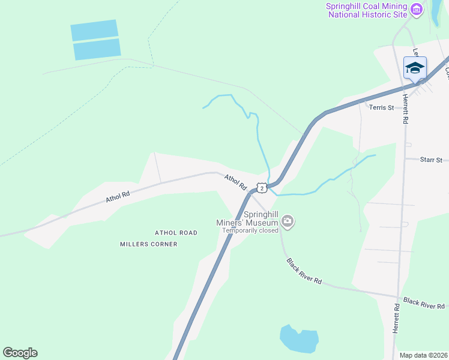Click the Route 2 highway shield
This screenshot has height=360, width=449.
pos(262,188)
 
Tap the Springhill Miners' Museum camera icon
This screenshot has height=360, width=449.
pos(288,222)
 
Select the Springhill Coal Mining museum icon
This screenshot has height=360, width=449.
pos(417,10)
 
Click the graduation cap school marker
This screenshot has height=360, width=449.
pos(415,67)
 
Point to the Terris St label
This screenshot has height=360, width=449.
pos(381,108)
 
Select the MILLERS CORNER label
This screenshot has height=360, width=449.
pos(148,244)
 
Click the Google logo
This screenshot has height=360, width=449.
pos(20,353)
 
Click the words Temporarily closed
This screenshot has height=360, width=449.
pos(250,230)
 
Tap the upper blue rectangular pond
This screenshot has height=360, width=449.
pos(94,30)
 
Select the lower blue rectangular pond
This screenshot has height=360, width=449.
pos(97,49)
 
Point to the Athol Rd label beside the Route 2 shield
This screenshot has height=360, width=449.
pos(236,182)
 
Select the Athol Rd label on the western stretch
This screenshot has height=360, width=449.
pos(118,196)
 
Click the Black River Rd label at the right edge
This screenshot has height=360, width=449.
pos(424,304)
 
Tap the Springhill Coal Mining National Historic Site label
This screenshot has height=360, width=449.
pos(366,10)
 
